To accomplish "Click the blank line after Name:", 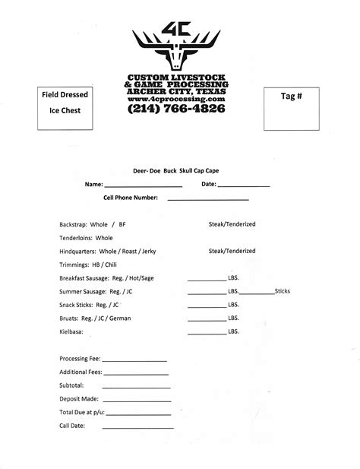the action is pyautogui.click(x=143, y=185).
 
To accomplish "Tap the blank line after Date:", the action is pyautogui.click(x=244, y=185).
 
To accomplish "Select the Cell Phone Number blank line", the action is pyautogui.click(x=207, y=198).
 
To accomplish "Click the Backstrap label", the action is pyautogui.click(x=74, y=225).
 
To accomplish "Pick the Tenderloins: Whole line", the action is pyautogui.click(x=86, y=238).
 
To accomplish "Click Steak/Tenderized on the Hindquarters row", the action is pyautogui.click(x=232, y=251).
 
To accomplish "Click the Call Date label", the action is pyautogui.click(x=71, y=425).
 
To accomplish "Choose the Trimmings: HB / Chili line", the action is pyautogui.click(x=87, y=264).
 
